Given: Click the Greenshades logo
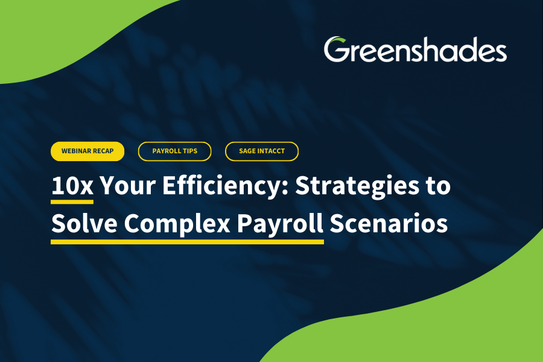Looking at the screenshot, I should pyautogui.click(x=415, y=50).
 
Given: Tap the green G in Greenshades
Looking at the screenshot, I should pyautogui.click(x=336, y=50).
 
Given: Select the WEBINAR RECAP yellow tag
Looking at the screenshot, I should pyautogui.click(x=87, y=151).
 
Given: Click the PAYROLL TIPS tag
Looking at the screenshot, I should pyautogui.click(x=175, y=151).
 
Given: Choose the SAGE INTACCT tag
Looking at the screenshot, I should pyautogui.click(x=262, y=151).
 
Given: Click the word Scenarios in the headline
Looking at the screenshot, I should pyautogui.click(x=390, y=223).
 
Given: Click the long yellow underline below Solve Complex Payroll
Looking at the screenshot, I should pyautogui.click(x=187, y=241).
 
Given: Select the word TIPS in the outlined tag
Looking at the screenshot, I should pyautogui.click(x=189, y=151).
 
